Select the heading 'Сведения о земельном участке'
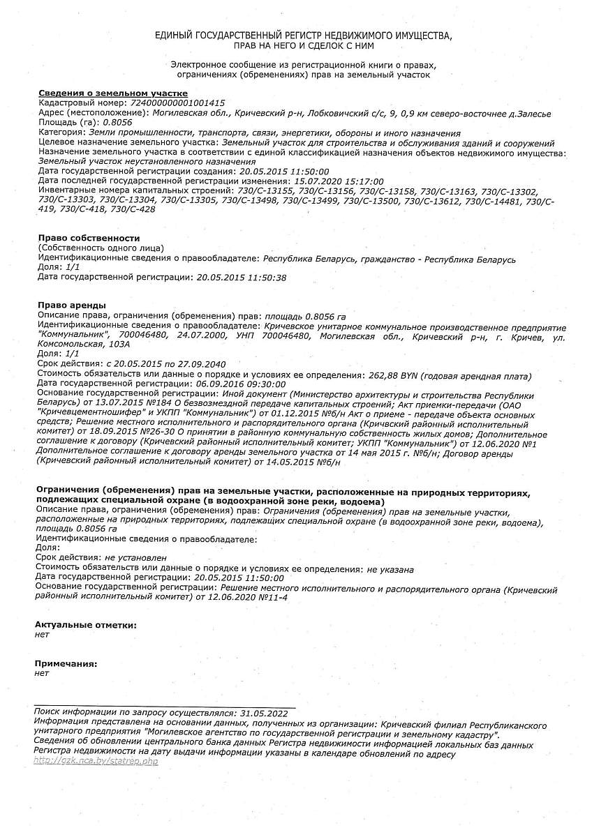tap(112, 93)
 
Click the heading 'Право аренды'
tap(71, 306)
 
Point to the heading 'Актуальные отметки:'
tap(86, 625)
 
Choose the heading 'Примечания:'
tap(66, 663)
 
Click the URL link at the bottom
tap(96, 761)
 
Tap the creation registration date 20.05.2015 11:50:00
tap(284, 171)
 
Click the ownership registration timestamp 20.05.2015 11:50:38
tap(242, 277)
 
